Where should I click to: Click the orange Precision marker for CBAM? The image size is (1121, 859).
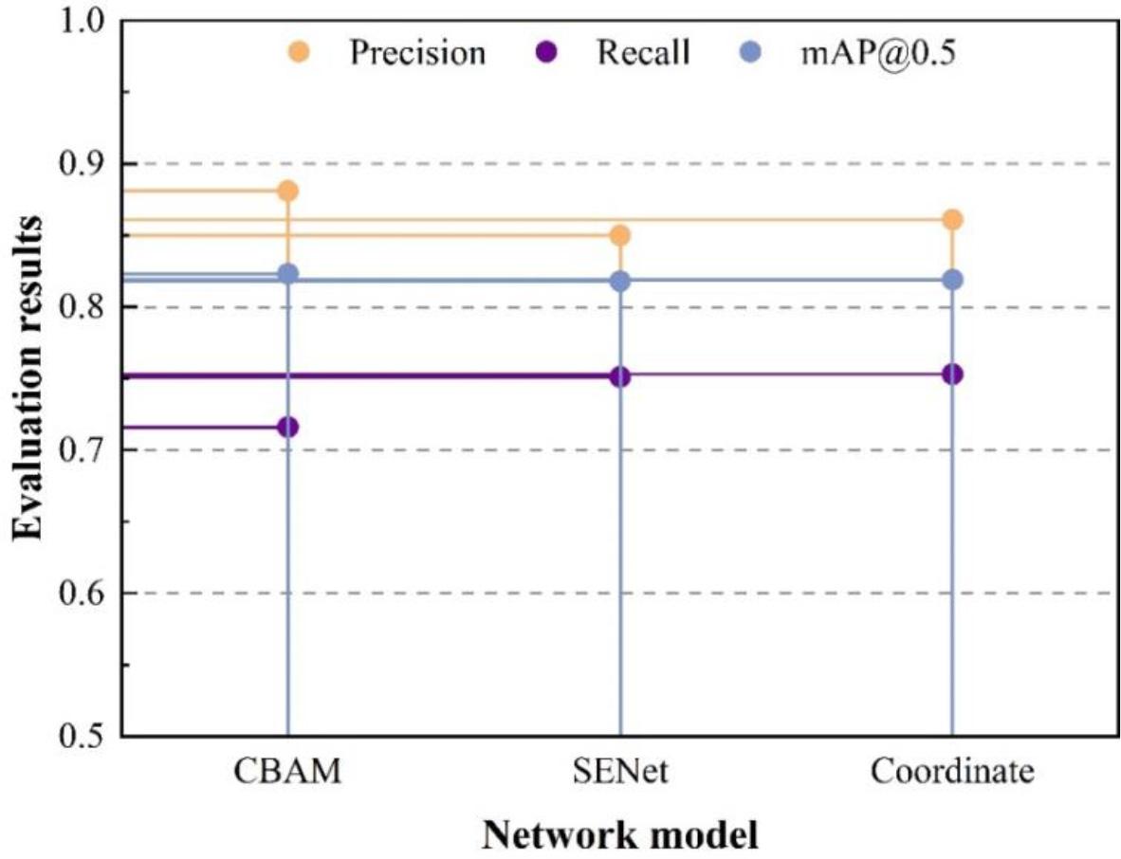tap(287, 192)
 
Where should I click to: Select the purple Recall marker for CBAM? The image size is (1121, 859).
tap(287, 428)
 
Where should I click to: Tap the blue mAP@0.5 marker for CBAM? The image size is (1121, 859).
tap(287, 274)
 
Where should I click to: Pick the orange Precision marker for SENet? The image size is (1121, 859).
tap(619, 235)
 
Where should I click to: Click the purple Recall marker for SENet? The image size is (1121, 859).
tap(619, 377)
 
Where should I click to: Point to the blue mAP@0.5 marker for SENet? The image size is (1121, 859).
tap(619, 282)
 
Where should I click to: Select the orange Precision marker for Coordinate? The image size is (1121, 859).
tap(952, 220)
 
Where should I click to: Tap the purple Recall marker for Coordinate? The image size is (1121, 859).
tap(952, 375)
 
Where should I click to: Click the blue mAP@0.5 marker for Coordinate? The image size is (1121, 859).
tap(952, 280)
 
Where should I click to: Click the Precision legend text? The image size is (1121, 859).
tap(417, 53)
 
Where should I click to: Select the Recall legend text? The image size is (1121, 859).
tap(642, 53)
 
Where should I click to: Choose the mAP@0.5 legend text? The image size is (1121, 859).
tap(873, 53)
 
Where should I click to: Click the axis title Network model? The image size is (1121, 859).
tap(620, 835)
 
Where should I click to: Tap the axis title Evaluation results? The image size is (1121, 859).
tap(28, 378)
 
